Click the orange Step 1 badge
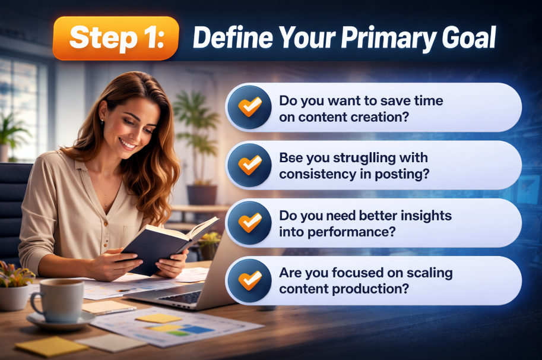click(116, 38)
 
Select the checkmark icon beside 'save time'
click(249, 107)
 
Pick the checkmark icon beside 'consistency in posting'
click(249, 165)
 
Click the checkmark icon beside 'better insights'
click(249, 223)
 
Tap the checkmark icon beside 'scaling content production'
click(249, 281)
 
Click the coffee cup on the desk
click(58, 300)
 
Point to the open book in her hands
click(169, 245)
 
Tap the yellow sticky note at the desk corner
click(51, 346)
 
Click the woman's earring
click(102, 121)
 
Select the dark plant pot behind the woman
click(202, 195)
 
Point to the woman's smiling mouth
click(127, 143)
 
